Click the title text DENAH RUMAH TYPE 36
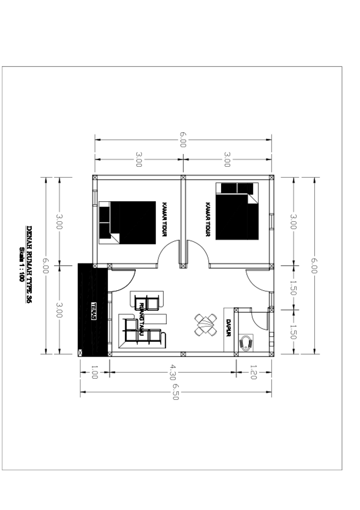(29, 266)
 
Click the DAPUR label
(228, 328)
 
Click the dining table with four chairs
(206, 325)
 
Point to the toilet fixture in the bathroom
(247, 342)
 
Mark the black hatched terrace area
(93, 309)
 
